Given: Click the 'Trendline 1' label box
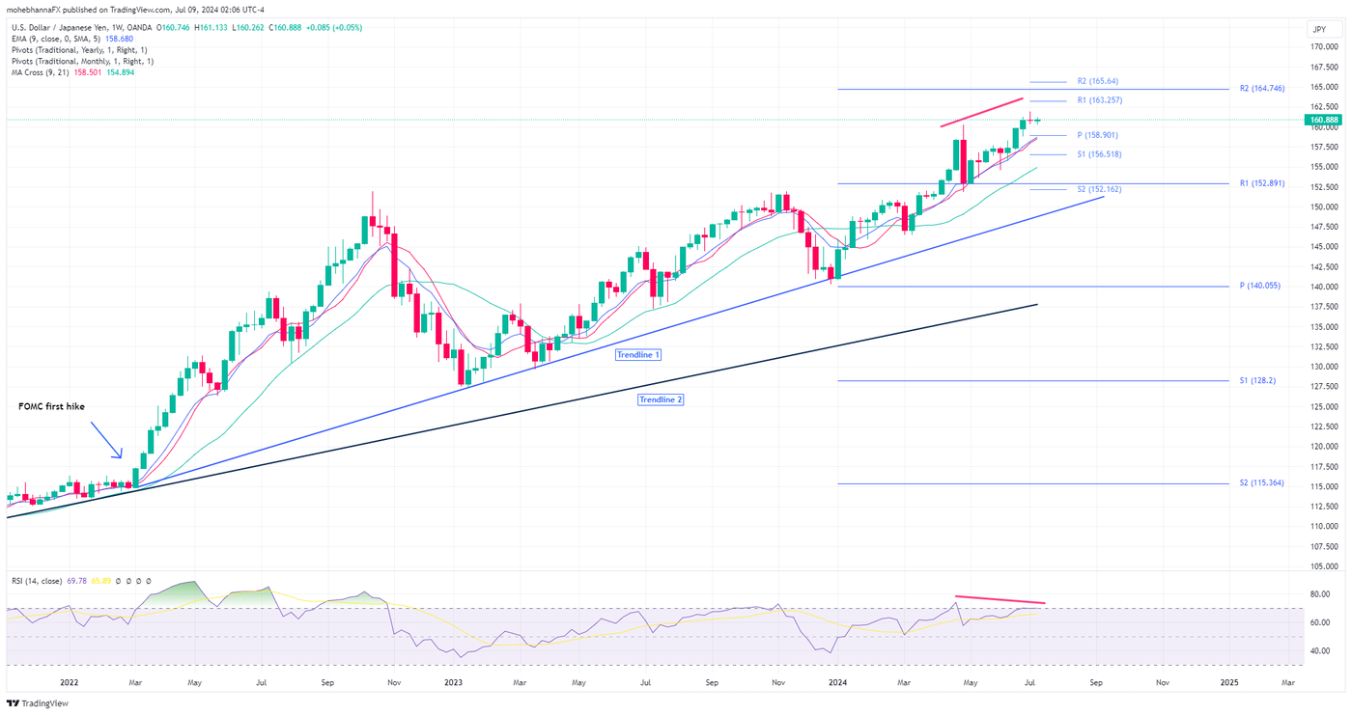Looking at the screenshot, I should (638, 355).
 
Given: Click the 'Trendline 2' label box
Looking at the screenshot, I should (661, 399).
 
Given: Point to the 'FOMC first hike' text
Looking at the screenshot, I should (51, 407).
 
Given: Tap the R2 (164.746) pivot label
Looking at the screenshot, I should (1261, 88).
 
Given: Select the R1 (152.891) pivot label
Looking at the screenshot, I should (1261, 183).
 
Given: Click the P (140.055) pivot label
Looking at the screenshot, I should (1259, 286).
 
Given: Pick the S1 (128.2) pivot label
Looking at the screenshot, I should (1256, 381).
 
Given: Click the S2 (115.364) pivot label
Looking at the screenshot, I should (1261, 482).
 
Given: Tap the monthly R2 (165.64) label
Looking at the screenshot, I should (1097, 81).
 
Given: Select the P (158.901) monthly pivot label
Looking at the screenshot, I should (1097, 135).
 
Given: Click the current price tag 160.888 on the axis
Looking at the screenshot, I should (1320, 121).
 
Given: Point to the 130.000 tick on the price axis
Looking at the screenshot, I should (1322, 367).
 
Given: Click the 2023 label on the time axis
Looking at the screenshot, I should (454, 682).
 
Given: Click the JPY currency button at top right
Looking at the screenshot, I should (1319, 30).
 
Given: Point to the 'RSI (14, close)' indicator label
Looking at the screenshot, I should (37, 581).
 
